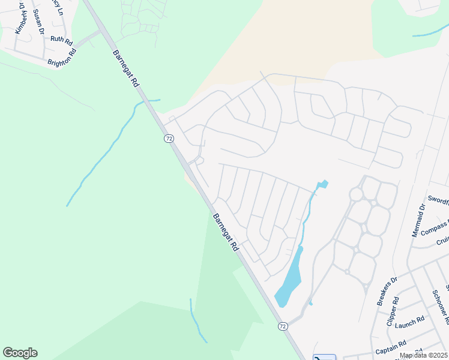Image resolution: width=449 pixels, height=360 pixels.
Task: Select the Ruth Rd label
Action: (x=61, y=40)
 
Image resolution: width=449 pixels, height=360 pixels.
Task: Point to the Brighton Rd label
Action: (x=62, y=57)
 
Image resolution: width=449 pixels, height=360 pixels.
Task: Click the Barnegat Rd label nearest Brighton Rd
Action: (x=125, y=70)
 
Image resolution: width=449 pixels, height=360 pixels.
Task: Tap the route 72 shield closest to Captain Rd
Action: (x=283, y=326)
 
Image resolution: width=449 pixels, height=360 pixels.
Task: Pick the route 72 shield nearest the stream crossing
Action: (x=169, y=139)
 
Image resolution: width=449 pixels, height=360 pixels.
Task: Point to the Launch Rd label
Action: (x=411, y=322)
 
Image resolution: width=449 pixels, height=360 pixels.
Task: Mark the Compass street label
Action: (x=435, y=229)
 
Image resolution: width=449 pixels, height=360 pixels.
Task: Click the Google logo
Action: (x=20, y=353)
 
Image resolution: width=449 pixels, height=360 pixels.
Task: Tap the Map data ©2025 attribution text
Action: (x=423, y=355)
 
